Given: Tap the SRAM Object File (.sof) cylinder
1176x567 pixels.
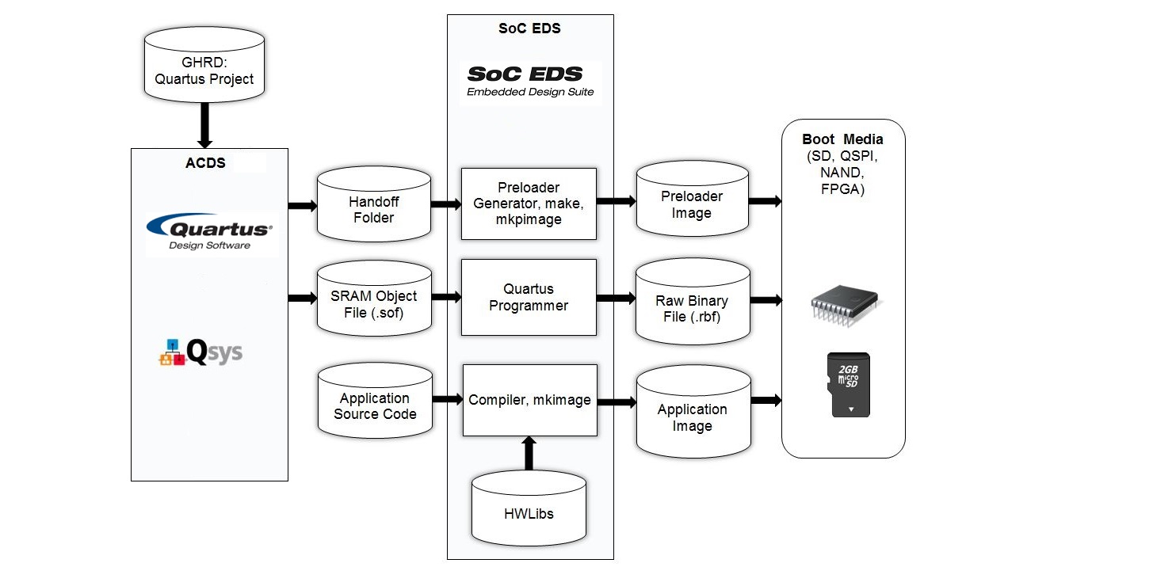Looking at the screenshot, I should tap(374, 304).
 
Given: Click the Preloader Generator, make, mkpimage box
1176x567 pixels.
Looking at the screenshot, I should tap(529, 204).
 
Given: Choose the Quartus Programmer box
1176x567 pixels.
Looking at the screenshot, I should tap(529, 297).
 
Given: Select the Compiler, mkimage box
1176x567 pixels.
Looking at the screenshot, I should tap(529, 400).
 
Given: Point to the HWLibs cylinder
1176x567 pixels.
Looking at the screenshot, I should tap(529, 513).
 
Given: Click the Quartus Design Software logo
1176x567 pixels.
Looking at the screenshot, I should tap(209, 233).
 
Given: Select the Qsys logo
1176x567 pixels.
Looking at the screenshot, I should tap(201, 352).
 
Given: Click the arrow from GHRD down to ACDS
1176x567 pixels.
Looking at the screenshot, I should tap(204, 125).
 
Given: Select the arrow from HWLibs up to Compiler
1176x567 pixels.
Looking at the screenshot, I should tap(529, 453).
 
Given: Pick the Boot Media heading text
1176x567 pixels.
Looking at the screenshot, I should tap(842, 139).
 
